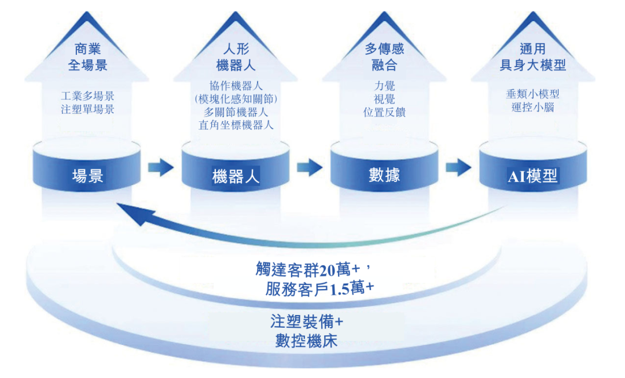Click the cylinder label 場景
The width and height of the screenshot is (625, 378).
pos(87,175)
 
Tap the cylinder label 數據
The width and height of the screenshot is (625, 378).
pos(384,175)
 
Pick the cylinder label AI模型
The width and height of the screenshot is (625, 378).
pos(532,176)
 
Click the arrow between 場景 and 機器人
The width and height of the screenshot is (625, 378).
pos(160,168)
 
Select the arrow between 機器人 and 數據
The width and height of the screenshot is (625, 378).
pos(310,168)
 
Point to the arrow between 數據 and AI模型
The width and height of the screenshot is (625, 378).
pos(458,168)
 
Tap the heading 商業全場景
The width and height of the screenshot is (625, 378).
pos(87,57)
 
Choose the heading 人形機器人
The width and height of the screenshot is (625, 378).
pos(236,56)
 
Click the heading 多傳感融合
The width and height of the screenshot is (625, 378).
pos(384,57)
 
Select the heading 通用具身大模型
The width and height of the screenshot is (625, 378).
pos(532,57)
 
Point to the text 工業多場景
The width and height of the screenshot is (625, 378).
pos(87,96)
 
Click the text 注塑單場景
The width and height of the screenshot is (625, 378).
pos(87,109)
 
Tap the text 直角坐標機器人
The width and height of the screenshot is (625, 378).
pos(236,125)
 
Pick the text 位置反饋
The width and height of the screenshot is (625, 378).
pos(384,112)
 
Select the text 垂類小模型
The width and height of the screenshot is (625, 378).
pos(532,94)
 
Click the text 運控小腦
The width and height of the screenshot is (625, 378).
pos(532,107)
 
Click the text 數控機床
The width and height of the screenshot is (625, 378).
pos(306,339)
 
